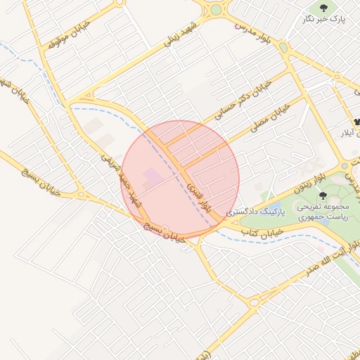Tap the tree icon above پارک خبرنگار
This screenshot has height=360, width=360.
coord(323,8)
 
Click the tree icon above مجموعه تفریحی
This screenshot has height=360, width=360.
coord(323,195)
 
